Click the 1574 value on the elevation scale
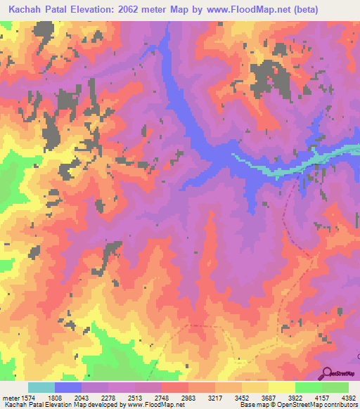(25, 397)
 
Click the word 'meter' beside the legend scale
(9, 397)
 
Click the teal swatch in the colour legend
(41, 387)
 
